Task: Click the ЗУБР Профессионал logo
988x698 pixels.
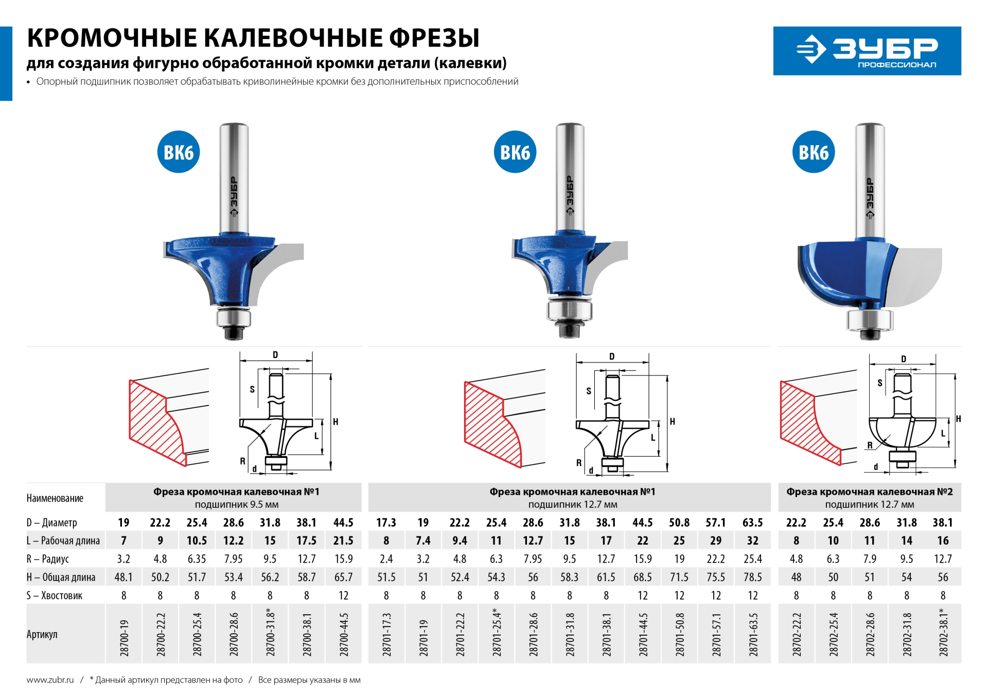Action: (867, 51)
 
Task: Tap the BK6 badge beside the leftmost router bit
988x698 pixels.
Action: (178, 152)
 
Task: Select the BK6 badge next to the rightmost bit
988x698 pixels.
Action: (814, 152)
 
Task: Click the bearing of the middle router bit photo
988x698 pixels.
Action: (569, 310)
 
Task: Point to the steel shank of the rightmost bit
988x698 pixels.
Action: (870, 180)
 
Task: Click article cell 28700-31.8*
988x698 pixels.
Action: (270, 633)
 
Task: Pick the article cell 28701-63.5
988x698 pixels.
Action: (753, 634)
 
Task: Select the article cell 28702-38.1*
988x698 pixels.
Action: (943, 633)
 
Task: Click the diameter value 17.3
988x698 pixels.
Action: (386, 523)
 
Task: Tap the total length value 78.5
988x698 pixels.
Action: (752, 577)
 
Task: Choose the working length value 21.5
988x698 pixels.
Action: (343, 541)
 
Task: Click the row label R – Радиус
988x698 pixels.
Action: (48, 559)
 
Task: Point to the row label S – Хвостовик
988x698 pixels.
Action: (55, 596)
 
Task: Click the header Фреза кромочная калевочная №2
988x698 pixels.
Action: (869, 492)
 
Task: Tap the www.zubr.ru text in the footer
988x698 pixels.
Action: (50, 680)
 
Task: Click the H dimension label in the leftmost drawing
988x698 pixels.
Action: (336, 422)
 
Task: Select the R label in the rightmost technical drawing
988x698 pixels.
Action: (870, 445)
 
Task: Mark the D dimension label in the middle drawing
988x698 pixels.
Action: (611, 356)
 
